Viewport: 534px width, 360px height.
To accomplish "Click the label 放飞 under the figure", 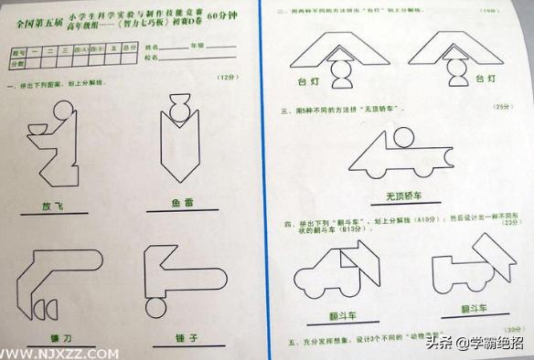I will point(51,206).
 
